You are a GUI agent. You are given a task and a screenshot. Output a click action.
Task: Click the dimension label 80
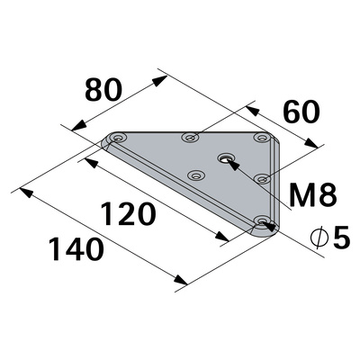103,90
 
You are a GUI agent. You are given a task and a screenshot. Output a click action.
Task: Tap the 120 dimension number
129,214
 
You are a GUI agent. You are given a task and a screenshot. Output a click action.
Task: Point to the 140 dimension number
76,248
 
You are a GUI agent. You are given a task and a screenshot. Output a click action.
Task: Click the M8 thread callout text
313,196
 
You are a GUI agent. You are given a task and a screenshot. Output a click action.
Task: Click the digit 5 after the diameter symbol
341,238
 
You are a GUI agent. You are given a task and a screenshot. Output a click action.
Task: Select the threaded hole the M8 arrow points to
226,157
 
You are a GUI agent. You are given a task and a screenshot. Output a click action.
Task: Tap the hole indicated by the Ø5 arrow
261,220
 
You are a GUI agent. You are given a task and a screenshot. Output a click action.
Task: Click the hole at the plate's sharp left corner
119,138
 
